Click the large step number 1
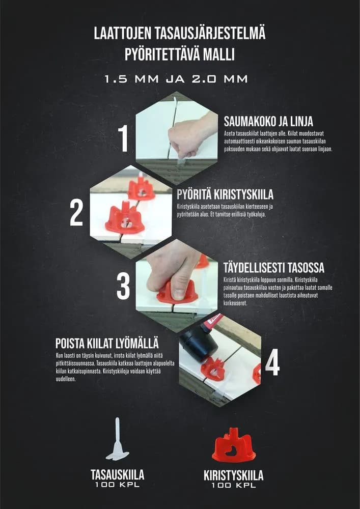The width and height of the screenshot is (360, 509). (123, 138)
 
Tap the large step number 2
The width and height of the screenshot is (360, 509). (76, 213)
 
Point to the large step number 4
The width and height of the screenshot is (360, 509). (272, 362)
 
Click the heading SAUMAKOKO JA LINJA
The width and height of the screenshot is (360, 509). (268, 122)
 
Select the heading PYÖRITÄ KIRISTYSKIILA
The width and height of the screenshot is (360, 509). (225, 195)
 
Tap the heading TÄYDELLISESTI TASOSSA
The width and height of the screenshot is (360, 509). (273, 268)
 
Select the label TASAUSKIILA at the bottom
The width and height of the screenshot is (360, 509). (118, 475)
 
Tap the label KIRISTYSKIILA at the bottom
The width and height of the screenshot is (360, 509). (233, 476)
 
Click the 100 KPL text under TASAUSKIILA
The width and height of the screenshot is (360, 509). (118, 486)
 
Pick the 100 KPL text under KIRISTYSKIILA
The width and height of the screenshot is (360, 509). (233, 487)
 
